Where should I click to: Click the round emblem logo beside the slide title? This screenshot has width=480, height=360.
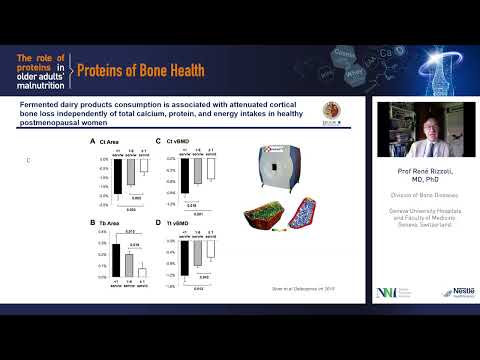[x=331, y=112]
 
